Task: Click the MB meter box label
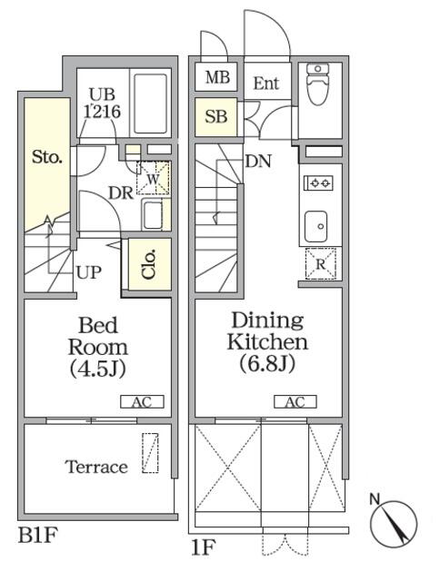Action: pos(217,77)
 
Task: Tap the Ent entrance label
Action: pos(266,83)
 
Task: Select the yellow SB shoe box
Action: pos(216,117)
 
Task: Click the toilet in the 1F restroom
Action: pos(318,84)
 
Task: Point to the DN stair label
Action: pos(258,162)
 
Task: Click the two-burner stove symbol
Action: pos(319,182)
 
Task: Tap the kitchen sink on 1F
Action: pos(315,226)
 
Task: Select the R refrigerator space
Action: pos(321,263)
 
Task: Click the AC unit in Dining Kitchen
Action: pos(295,401)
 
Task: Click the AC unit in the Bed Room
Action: pos(142,401)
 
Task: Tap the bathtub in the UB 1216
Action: pos(150,103)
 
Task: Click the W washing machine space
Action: pos(153,178)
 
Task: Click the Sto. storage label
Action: pos(46,157)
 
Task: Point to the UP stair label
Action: pos(89,272)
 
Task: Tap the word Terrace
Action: pos(96,467)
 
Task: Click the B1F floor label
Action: pos(38,536)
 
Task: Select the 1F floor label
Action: pos(203,547)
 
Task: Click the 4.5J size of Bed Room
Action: pos(98,369)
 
